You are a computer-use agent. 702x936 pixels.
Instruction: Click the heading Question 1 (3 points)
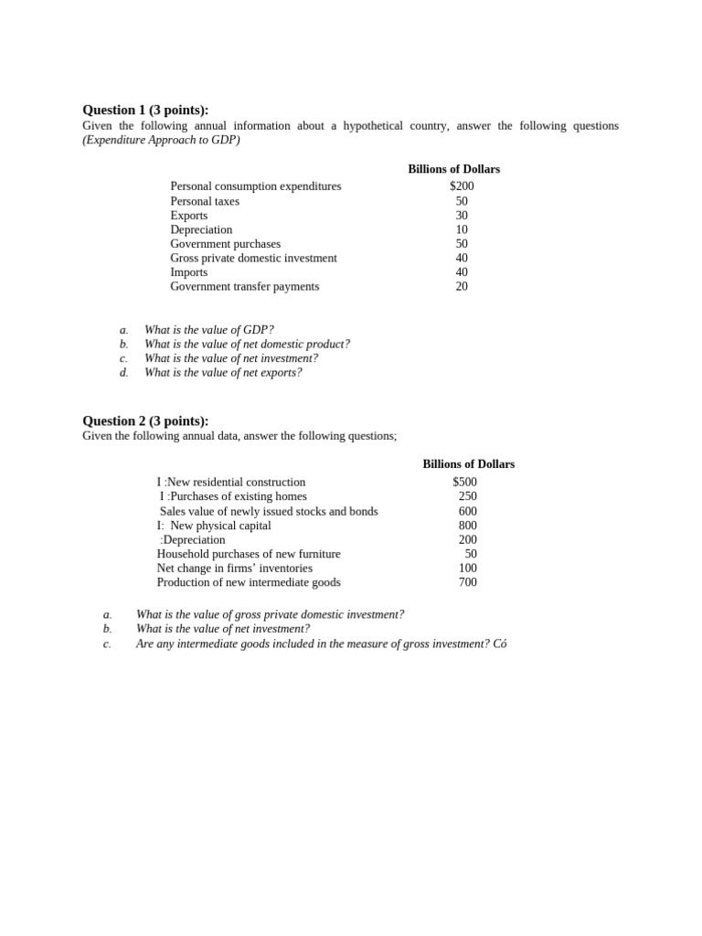pos(145,110)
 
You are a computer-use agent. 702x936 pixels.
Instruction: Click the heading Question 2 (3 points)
pos(145,420)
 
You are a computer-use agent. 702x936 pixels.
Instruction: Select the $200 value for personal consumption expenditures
pos(462,186)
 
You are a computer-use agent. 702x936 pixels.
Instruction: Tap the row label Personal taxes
pos(205,201)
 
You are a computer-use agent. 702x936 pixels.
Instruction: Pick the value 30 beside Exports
pos(462,216)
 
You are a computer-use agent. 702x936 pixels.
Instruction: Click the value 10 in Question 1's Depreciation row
pos(462,229)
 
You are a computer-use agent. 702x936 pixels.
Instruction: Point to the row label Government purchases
pos(225,244)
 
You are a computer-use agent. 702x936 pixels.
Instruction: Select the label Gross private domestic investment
pos(253,258)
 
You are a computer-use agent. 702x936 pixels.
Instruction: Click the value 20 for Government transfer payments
pos(462,286)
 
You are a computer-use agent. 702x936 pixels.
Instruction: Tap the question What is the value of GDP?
pos(208,330)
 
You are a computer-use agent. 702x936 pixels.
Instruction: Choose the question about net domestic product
pos(247,345)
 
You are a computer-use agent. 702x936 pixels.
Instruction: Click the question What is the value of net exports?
pos(223,373)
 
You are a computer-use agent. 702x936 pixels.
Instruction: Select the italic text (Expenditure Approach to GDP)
pos(161,140)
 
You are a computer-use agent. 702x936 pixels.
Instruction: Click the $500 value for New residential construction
pos(464,483)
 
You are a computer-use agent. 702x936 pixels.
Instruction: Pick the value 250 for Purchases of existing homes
pos(467,496)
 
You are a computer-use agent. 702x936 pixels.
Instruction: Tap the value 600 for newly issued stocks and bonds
pos(467,512)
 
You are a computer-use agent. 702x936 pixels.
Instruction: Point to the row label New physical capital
pos(219,526)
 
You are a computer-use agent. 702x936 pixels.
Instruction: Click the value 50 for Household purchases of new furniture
pos(471,554)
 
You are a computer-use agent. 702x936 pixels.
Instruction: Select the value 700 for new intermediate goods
pos(467,582)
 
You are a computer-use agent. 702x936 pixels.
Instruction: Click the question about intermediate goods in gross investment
pos(321,643)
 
